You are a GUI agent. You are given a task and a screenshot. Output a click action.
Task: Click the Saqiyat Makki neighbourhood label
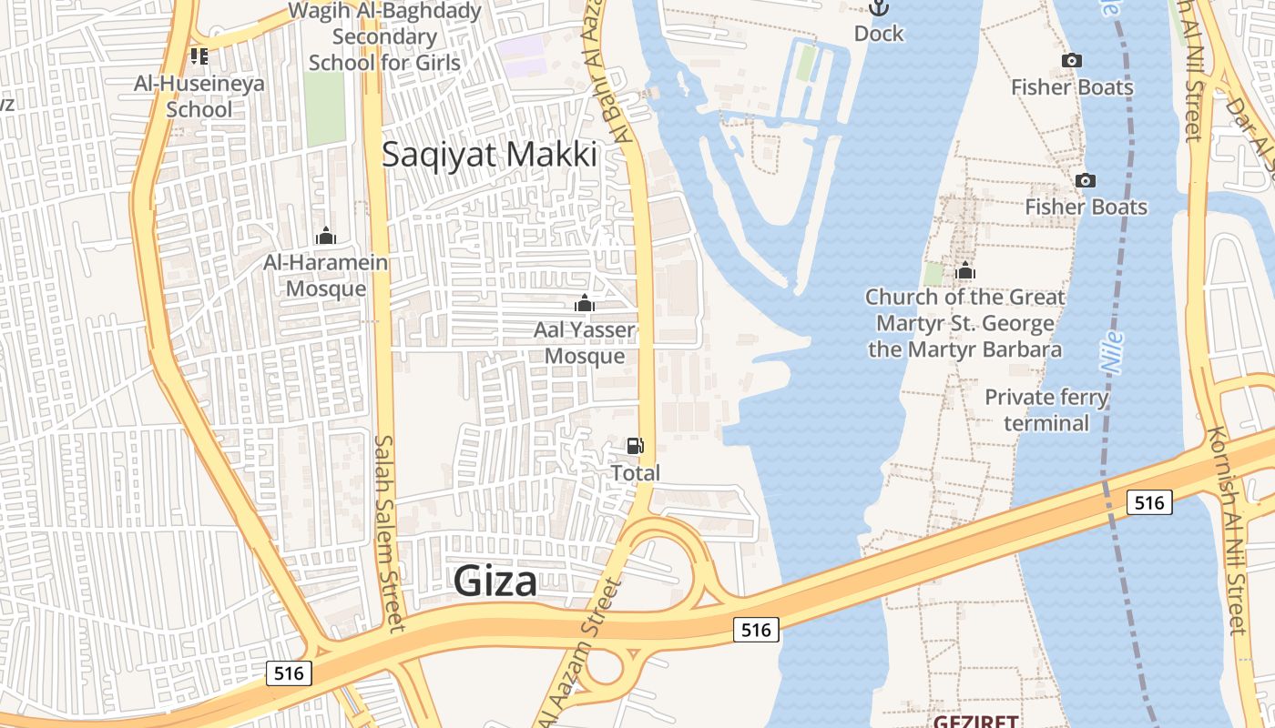click(489, 155)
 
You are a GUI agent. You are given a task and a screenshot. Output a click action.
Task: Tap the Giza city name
click(495, 581)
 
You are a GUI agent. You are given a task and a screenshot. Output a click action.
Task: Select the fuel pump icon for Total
click(635, 445)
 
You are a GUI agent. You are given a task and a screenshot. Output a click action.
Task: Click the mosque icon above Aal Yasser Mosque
click(585, 303)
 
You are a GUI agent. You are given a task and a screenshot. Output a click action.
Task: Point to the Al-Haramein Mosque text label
click(326, 276)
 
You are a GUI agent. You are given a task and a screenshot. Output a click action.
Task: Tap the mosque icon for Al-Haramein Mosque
click(326, 237)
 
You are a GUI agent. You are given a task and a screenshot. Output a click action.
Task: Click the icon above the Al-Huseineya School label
click(199, 56)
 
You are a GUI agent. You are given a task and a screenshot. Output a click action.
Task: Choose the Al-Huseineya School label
click(199, 96)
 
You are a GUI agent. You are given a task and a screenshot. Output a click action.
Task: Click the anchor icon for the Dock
click(878, 8)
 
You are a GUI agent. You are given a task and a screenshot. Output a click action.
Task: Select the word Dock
click(879, 34)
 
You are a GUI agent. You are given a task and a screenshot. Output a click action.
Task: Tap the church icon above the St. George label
click(965, 271)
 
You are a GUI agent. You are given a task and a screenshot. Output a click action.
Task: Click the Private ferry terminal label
click(1046, 410)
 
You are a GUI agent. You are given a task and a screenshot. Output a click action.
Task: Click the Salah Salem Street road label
click(388, 532)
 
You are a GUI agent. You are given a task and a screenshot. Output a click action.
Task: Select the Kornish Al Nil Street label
click(1226, 530)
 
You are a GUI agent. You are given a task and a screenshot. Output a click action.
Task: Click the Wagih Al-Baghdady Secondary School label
click(384, 36)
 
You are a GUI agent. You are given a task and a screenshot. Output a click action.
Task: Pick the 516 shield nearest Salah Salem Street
click(290, 673)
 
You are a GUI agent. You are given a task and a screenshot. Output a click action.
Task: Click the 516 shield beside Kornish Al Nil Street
click(1148, 502)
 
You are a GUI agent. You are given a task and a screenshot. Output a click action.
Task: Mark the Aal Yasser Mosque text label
click(585, 342)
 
